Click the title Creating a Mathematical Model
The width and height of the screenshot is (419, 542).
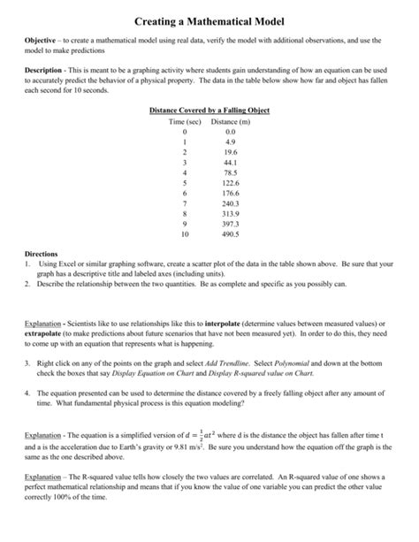point(209,19)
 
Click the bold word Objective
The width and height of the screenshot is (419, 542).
point(42,42)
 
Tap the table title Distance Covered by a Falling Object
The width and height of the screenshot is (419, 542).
point(209,110)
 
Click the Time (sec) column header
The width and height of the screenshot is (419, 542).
point(185,120)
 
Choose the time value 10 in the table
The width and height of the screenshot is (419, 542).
point(184,236)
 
